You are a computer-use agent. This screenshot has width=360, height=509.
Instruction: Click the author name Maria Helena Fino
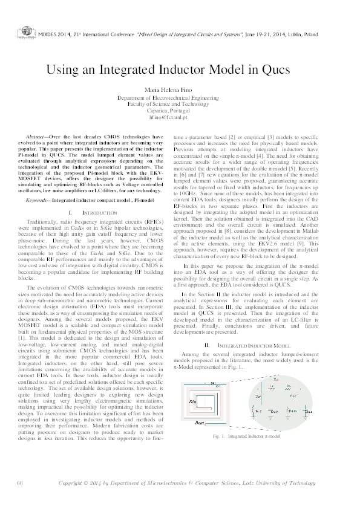[x=180, y=89]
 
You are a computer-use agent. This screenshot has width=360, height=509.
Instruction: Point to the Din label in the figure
[x=194, y=401]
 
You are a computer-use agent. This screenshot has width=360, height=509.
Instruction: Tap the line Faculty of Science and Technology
[x=180, y=104]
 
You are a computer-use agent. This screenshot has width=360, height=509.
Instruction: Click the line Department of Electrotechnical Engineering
[x=180, y=97]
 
